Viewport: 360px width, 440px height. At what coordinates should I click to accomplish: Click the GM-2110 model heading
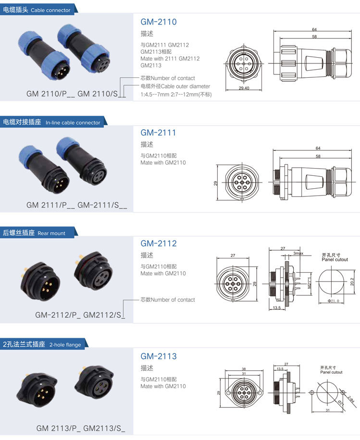pos(159,22)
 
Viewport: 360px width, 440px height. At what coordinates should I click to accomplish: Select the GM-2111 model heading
pos(158,133)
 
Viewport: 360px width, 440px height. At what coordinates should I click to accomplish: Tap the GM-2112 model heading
pos(159,243)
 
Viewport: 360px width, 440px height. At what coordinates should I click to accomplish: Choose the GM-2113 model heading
pos(159,356)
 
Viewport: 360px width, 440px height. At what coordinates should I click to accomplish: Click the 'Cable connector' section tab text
pos(50,10)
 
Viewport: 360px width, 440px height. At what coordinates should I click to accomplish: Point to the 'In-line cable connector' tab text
pos(73,122)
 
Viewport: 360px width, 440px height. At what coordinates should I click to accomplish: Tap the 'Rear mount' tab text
pos(51,233)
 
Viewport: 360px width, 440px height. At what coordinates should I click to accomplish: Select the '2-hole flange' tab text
pos(65,344)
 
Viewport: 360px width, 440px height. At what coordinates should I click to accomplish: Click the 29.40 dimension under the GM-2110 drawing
pos(244,88)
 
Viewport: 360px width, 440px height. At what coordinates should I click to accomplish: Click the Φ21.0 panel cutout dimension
pos(333,301)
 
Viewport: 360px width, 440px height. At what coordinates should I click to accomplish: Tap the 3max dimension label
pos(298,253)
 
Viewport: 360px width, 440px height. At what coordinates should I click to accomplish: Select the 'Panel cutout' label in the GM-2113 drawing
pos(331,372)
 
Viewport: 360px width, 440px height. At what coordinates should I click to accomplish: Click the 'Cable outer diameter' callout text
pos(186,86)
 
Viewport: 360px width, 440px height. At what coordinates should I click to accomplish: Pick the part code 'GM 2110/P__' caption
pos(50,94)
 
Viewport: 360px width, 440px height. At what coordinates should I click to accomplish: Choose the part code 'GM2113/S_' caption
pos(104,428)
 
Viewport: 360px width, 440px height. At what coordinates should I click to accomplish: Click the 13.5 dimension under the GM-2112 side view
pos(276,307)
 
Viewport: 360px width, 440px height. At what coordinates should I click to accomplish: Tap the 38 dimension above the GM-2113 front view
pos(244,369)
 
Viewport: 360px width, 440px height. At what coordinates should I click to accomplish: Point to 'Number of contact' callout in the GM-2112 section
pos(173,300)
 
